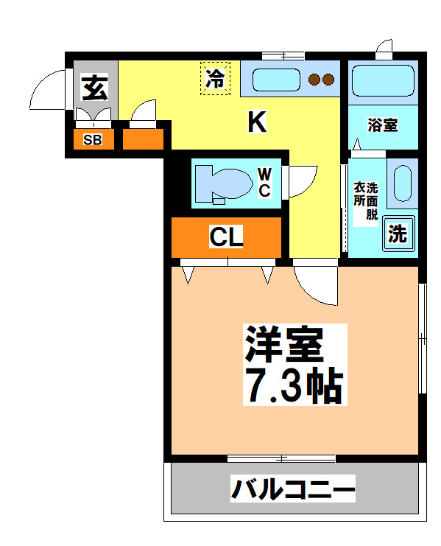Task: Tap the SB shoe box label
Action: (93, 139)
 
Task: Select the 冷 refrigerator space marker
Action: (215, 79)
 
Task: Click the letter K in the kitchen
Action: (255, 122)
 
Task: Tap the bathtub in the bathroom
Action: (381, 80)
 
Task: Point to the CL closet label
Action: (226, 237)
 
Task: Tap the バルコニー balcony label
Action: (294, 488)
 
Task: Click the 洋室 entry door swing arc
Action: (315, 284)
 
